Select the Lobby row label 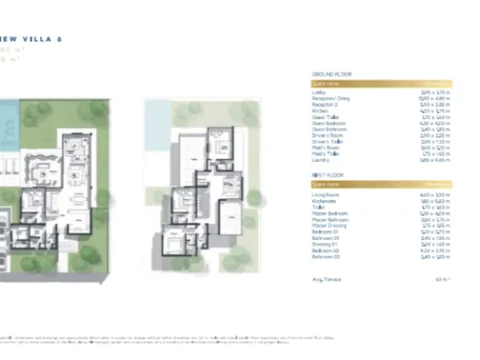[318, 92]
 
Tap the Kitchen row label [319, 110]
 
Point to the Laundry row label [320, 159]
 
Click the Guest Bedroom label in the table [325, 122]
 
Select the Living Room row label [324, 194]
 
